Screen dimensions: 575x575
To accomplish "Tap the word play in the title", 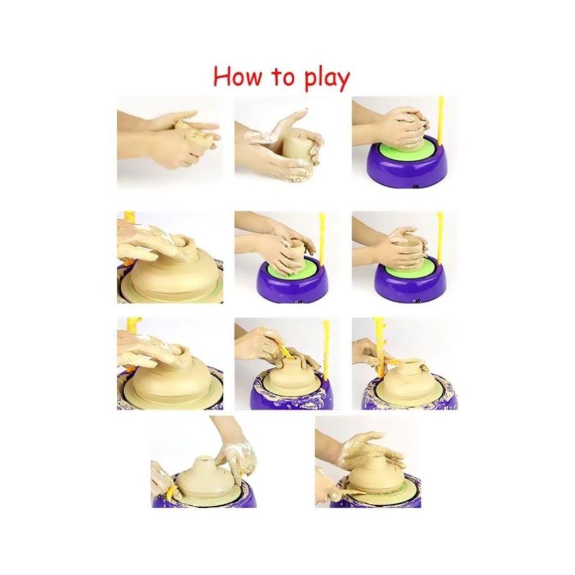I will pos(322,78).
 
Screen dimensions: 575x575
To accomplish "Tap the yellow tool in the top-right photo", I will pos(441,121).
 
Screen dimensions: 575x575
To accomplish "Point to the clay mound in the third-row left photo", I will pos(167,382).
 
